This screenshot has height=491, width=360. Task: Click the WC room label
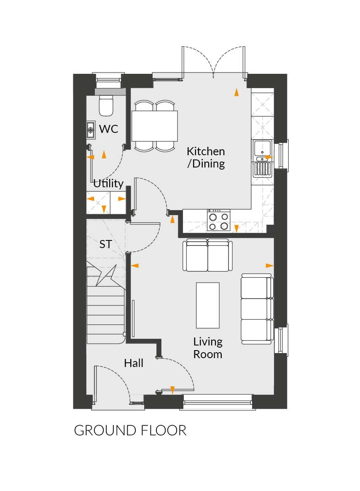click(109, 129)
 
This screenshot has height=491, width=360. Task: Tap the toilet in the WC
click(106, 105)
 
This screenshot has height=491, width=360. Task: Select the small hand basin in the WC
click(91, 130)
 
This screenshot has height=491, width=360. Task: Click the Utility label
click(108, 183)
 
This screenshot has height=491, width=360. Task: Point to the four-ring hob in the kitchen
click(218, 221)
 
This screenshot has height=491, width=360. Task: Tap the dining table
click(155, 126)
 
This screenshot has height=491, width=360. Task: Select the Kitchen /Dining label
click(206, 157)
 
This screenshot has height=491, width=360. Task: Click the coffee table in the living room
click(207, 305)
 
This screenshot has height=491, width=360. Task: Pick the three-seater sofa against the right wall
click(257, 309)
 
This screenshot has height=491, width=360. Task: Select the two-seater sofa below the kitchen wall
click(207, 255)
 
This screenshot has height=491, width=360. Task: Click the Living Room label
click(208, 348)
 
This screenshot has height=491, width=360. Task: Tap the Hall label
click(134, 363)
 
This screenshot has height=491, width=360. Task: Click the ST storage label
click(105, 244)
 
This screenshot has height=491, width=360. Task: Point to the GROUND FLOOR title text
click(130, 431)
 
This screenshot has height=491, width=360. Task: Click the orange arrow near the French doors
click(236, 92)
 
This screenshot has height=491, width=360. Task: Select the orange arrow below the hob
click(236, 229)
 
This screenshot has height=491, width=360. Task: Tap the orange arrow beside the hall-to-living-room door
click(172, 390)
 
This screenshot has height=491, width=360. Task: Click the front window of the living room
click(218, 402)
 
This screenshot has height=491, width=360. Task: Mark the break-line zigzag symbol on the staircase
click(106, 275)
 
